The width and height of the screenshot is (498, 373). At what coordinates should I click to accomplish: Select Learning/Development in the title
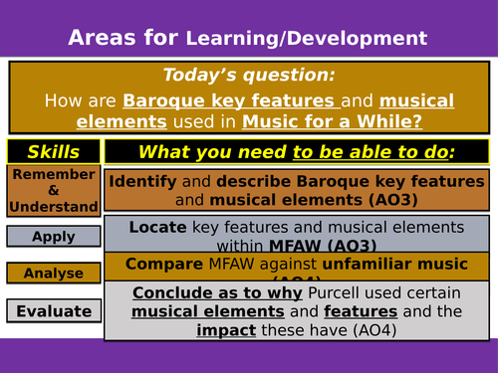coord(307,39)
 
